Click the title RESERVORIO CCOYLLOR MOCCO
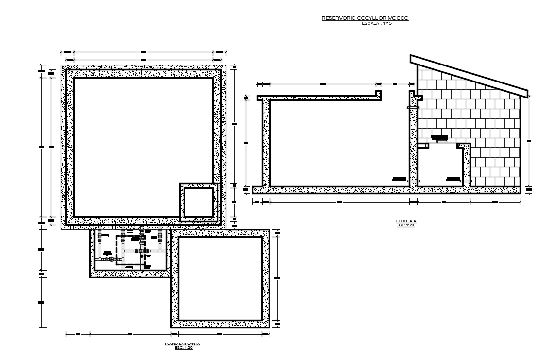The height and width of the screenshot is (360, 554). tap(365, 18)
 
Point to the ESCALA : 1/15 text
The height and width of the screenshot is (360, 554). tap(377, 23)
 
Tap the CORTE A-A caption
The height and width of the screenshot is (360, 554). tap(406, 221)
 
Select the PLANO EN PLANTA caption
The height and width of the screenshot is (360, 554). tap(183, 344)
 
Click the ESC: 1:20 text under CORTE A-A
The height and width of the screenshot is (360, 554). tap(406, 225)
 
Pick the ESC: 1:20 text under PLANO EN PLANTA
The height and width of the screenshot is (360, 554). tap(183, 347)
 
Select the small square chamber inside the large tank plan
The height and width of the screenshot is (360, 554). tap(198, 202)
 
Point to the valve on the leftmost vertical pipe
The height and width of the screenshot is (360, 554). tap(100, 238)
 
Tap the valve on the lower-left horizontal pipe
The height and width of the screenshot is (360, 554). tap(111, 260)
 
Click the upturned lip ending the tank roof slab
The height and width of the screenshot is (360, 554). tap(377, 93)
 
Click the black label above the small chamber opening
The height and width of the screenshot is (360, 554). tap(439, 138)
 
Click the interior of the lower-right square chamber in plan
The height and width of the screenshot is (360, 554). tap(220, 278)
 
